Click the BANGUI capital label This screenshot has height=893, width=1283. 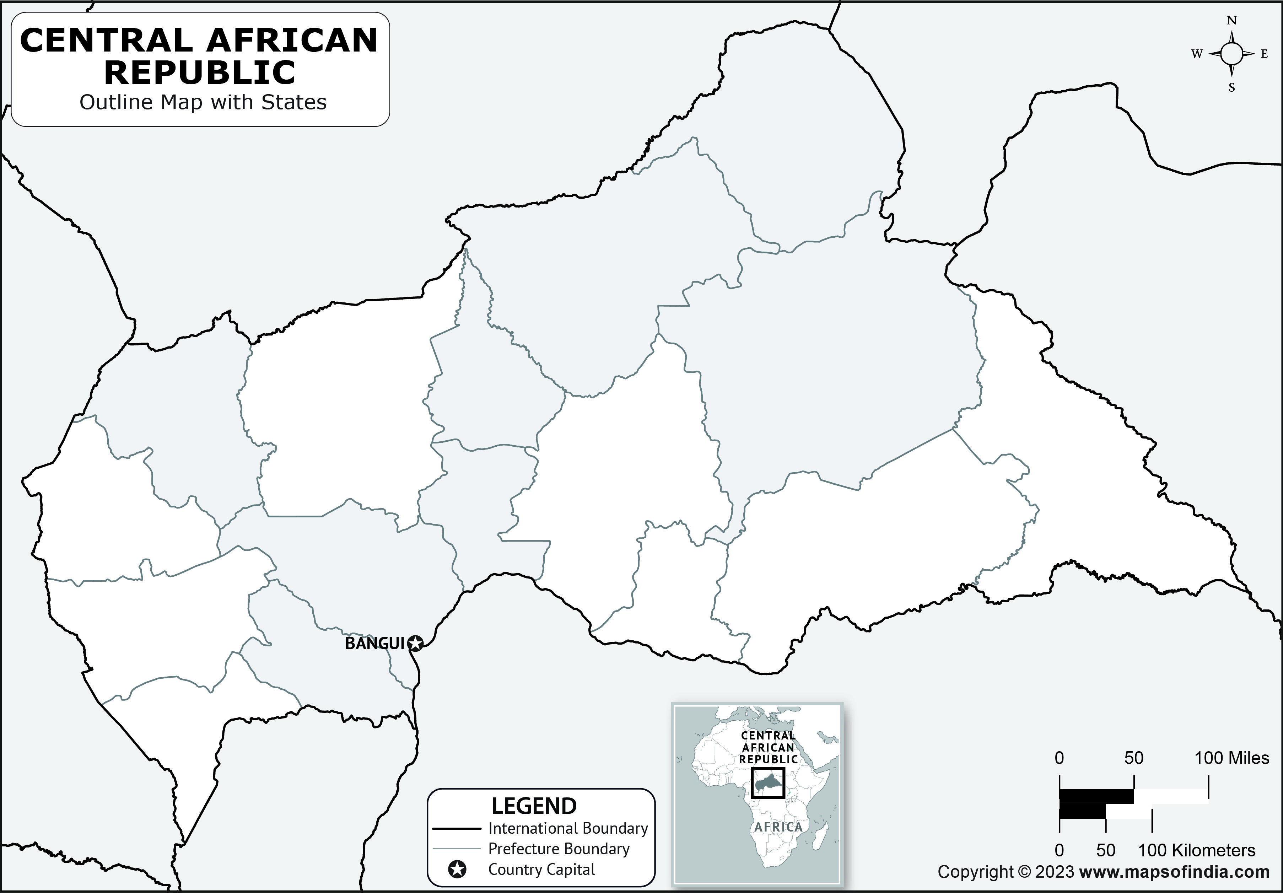(x=374, y=644)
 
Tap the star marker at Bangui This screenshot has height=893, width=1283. (x=415, y=644)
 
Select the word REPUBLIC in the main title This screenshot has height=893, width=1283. (x=200, y=72)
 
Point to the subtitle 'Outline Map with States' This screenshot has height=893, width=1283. (x=203, y=102)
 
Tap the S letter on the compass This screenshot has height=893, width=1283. (x=1231, y=88)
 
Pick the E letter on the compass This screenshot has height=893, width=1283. (x=1264, y=54)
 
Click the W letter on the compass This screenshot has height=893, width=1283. (x=1196, y=54)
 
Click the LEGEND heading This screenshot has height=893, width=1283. (x=534, y=806)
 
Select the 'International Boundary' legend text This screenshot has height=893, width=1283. (x=568, y=828)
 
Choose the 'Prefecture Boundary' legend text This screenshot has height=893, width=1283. (x=559, y=849)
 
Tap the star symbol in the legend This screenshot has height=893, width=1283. (x=457, y=870)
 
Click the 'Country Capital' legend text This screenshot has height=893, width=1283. (x=541, y=870)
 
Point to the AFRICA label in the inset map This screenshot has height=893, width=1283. (x=778, y=827)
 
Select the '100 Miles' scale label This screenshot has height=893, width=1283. (x=1231, y=758)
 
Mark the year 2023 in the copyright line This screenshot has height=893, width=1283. (x=1055, y=872)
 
